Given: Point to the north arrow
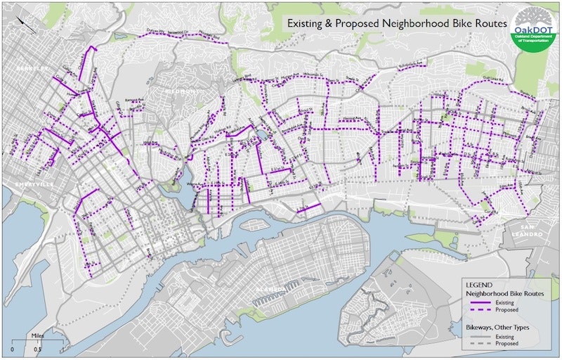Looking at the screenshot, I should point(26,23).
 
